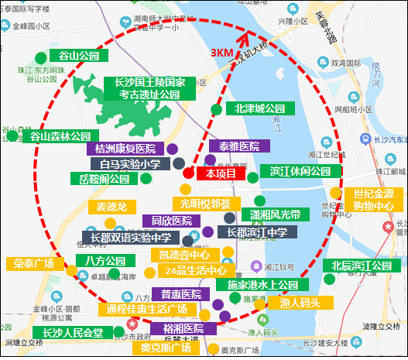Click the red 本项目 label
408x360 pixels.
coord(222,174)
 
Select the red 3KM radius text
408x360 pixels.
coord(224,52)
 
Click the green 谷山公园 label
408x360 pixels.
coord(74,57)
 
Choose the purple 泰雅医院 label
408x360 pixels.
coord(239,146)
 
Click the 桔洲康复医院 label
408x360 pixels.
coord(125,149)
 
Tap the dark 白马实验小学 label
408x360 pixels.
coord(130,164)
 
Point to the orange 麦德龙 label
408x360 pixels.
coord(111,207)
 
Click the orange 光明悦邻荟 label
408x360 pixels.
coord(205,204)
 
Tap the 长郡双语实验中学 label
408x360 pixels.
coord(130,238)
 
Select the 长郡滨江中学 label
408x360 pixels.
coord(257,231)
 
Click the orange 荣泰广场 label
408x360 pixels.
coord(34,263)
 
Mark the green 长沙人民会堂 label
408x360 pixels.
coord(72,333)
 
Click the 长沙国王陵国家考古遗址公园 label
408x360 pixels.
coord(148,88)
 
